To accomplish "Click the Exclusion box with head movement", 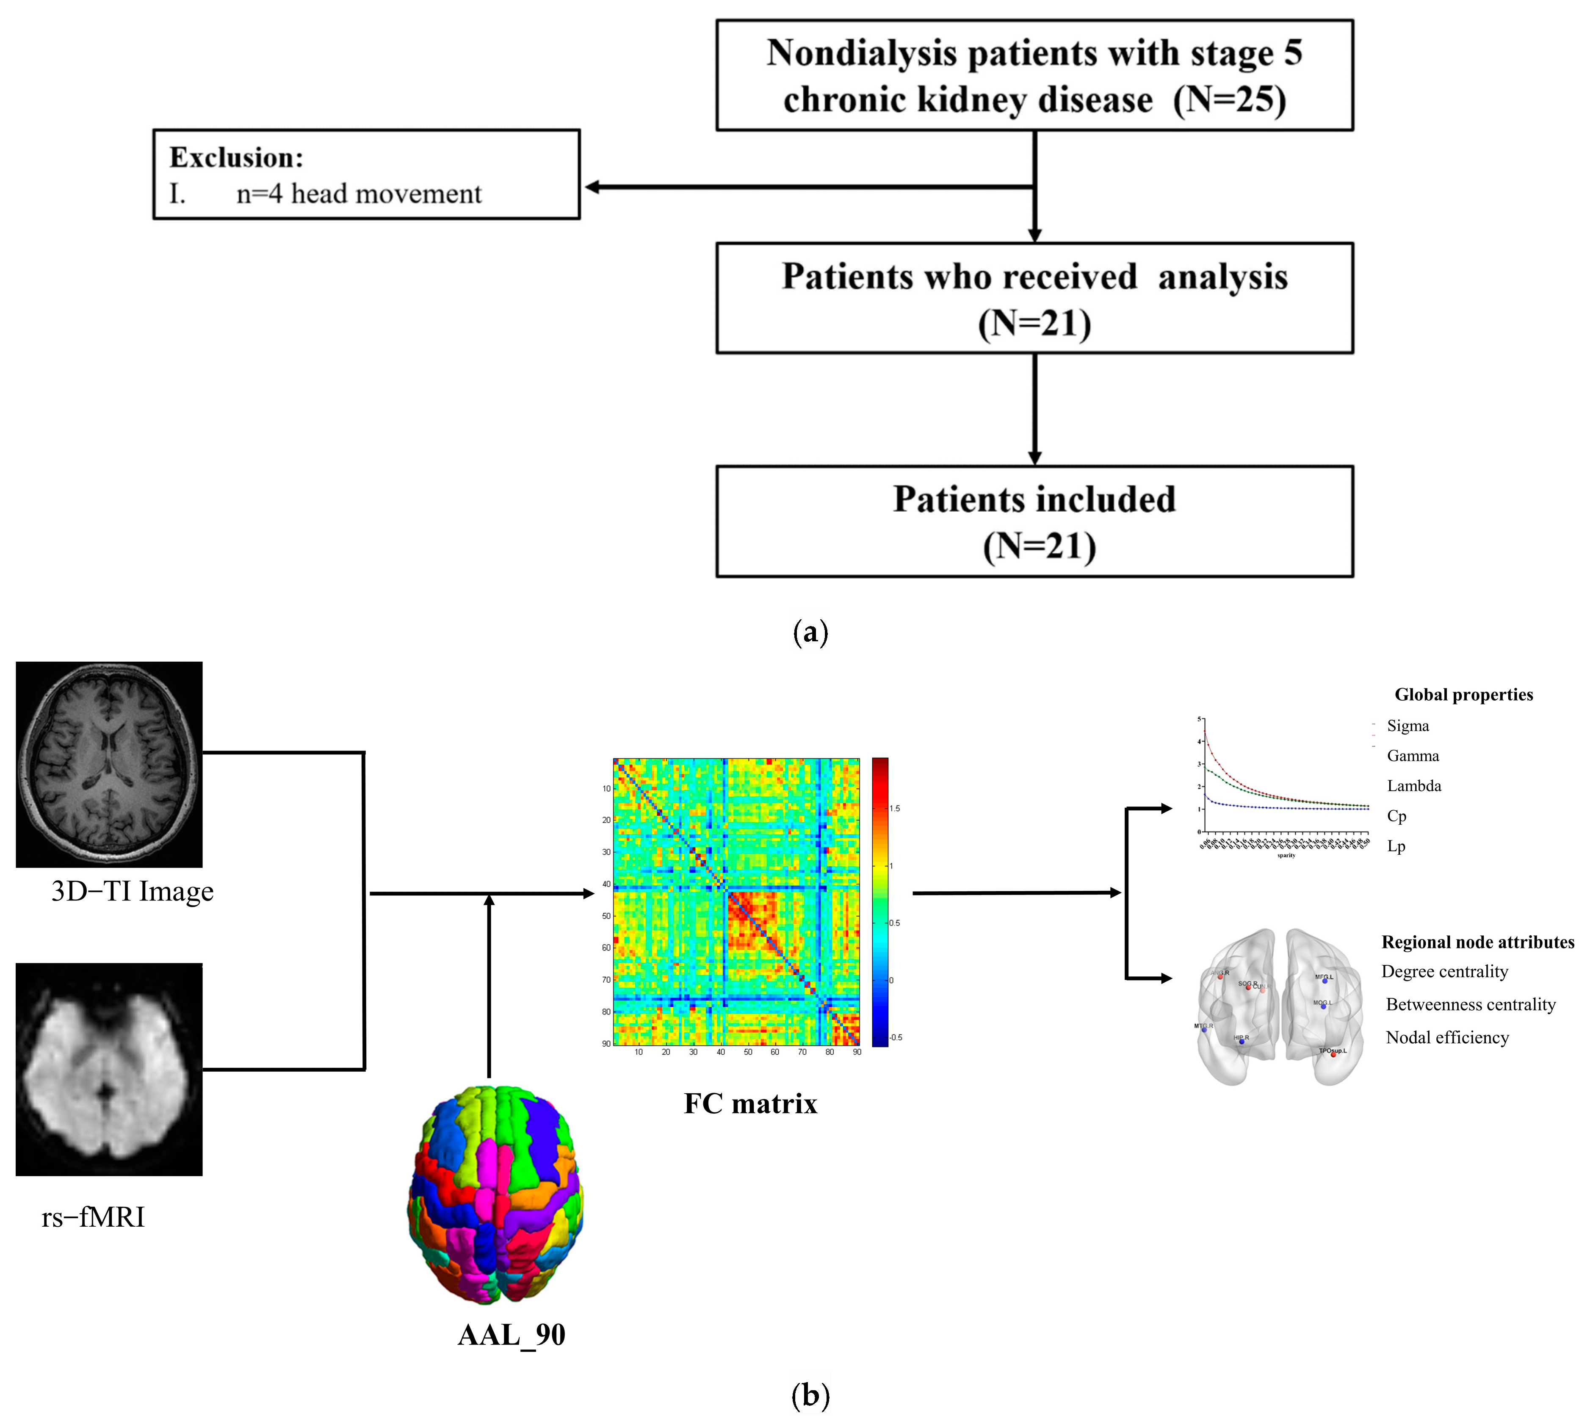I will [x=366, y=175].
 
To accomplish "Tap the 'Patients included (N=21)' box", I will [x=1034, y=521].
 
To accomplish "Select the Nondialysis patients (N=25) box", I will [x=1034, y=76].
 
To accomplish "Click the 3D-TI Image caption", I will [x=133, y=891].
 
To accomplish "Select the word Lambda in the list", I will [x=1414, y=786].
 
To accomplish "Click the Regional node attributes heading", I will [x=1477, y=942].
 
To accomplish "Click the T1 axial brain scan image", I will [x=109, y=764].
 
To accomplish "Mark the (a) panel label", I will [x=810, y=632].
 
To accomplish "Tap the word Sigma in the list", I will [x=1407, y=726].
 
